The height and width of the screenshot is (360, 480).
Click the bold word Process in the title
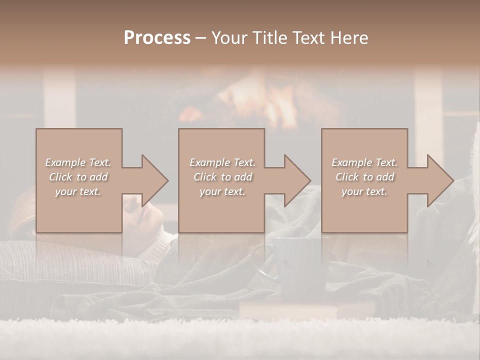[157, 38]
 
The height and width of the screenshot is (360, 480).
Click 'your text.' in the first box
[78, 191]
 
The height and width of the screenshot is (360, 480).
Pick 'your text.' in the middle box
[222, 191]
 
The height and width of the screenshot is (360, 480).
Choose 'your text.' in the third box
[364, 191]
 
